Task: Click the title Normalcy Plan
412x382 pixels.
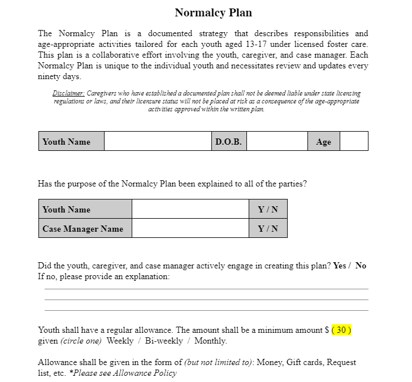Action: pos(213,12)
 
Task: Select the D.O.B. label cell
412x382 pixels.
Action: pos(228,141)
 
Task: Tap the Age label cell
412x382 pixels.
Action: pos(324,142)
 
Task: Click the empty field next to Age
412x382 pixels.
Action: pos(354,141)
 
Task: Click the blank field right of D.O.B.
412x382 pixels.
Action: pos(277,141)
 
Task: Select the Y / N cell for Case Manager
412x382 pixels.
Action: pos(268,228)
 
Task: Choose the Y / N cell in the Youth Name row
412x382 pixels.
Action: pos(268,209)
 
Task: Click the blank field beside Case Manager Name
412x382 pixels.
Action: pos(190,228)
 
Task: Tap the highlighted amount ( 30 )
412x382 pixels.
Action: pos(341,330)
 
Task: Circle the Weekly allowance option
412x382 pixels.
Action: pos(120,341)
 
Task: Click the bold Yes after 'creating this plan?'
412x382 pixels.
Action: pos(340,266)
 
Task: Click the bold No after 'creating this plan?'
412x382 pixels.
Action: pos(361,266)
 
